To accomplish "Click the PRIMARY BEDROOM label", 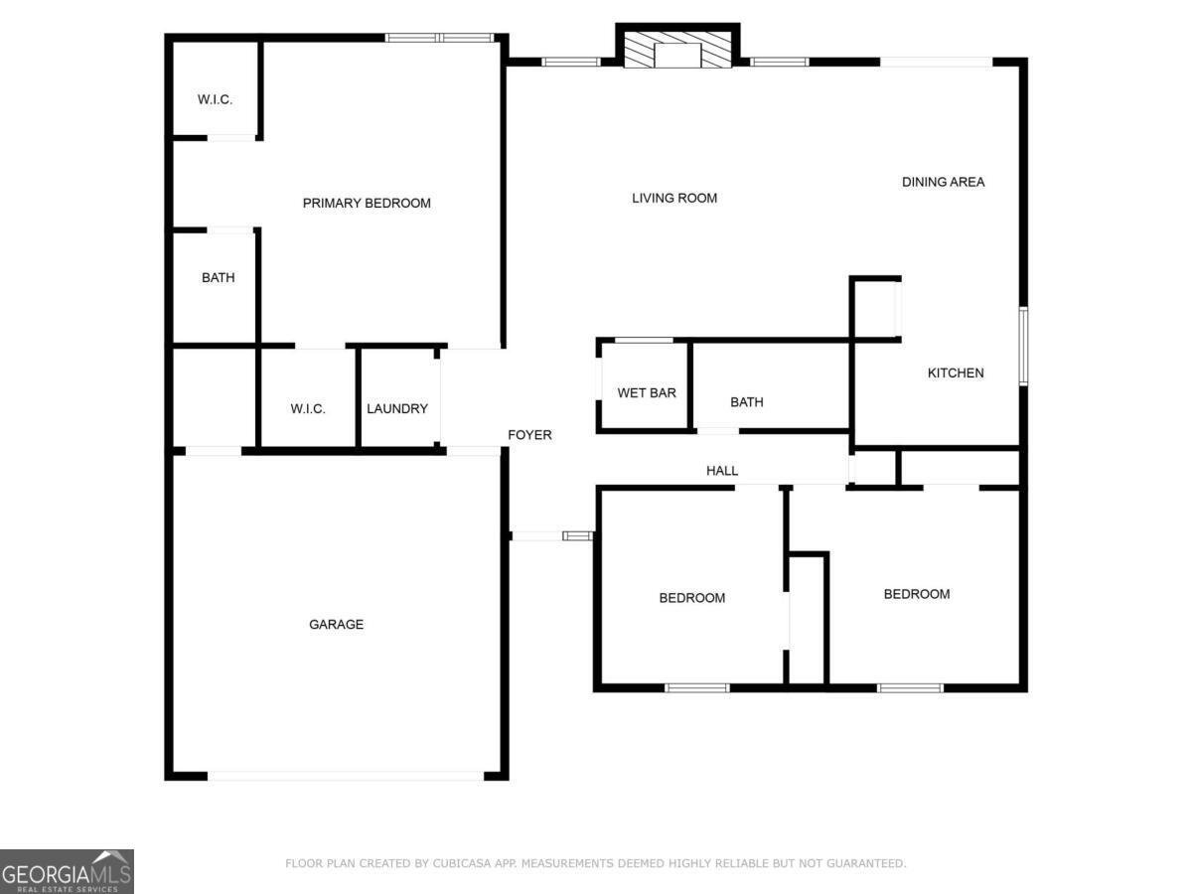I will point(367,204).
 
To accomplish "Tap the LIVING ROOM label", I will point(674,199).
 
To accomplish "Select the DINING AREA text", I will point(943,182).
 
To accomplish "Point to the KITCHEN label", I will point(956,373).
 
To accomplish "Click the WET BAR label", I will point(647,393).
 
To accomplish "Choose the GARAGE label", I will point(336,625).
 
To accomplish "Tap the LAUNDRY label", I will point(397,409).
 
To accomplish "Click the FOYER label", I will point(529,435).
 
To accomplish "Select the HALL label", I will point(722,471).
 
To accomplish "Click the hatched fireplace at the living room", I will point(677,54).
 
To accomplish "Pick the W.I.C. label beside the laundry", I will point(308,409).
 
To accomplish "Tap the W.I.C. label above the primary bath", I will point(215,99).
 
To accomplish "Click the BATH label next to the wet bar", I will point(747,402).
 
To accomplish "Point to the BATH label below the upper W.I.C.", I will point(219,278).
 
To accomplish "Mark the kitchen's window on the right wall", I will point(1023,346).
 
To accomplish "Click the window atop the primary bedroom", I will point(439,38).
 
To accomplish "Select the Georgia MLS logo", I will point(67,871).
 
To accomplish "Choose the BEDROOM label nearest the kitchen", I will point(917,594).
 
